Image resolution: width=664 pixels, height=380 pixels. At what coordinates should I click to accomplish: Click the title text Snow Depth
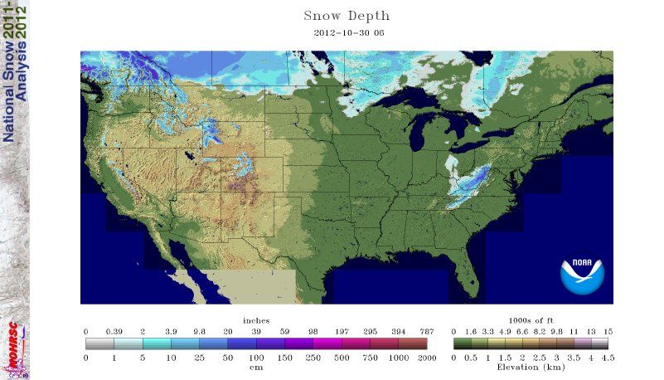pos(347,17)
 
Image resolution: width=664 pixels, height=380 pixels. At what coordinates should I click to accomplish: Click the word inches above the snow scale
pos(256,320)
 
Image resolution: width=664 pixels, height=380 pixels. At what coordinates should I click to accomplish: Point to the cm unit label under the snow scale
pos(256,366)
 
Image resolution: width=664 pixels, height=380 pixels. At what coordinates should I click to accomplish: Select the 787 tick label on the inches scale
pos(427,331)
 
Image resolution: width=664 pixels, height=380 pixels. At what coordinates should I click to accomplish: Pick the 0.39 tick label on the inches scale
pos(114,331)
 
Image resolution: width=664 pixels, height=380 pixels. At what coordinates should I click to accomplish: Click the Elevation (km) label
pos(531,366)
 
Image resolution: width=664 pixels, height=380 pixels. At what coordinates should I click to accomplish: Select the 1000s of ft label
pos(531,320)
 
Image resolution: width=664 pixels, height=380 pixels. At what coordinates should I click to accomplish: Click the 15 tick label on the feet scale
pos(608,331)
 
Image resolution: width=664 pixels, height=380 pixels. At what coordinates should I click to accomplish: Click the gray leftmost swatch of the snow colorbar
pos(99,343)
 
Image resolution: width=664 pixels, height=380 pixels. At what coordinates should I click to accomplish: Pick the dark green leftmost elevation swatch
pos(460,343)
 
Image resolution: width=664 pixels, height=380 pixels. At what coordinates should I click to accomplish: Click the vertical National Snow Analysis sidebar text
pos(15,75)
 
